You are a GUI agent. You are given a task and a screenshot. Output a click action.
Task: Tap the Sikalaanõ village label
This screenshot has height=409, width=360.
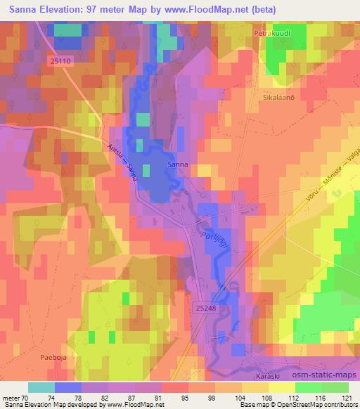pyautogui.click(x=278, y=100)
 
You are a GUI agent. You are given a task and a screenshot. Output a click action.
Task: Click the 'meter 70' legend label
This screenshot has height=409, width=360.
pyautogui.click(x=12, y=397)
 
